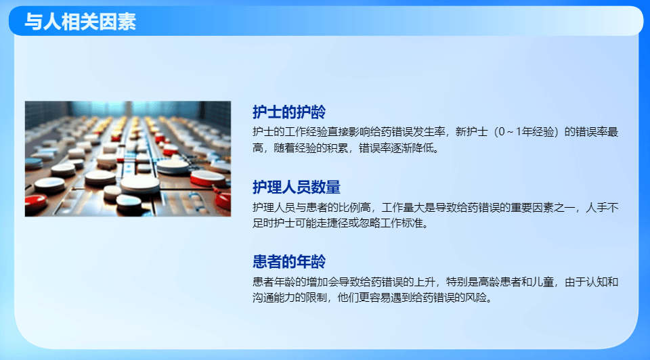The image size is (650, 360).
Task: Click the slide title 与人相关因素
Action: [x=80, y=22]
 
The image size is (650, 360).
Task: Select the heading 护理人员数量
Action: [x=297, y=187]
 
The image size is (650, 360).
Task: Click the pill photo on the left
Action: [x=128, y=159]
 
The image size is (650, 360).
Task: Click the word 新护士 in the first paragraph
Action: [x=471, y=131]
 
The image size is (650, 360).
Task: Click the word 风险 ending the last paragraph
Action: [x=478, y=296]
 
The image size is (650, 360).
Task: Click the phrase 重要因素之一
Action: [x=546, y=206]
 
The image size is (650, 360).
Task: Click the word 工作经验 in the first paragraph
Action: [x=305, y=131]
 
